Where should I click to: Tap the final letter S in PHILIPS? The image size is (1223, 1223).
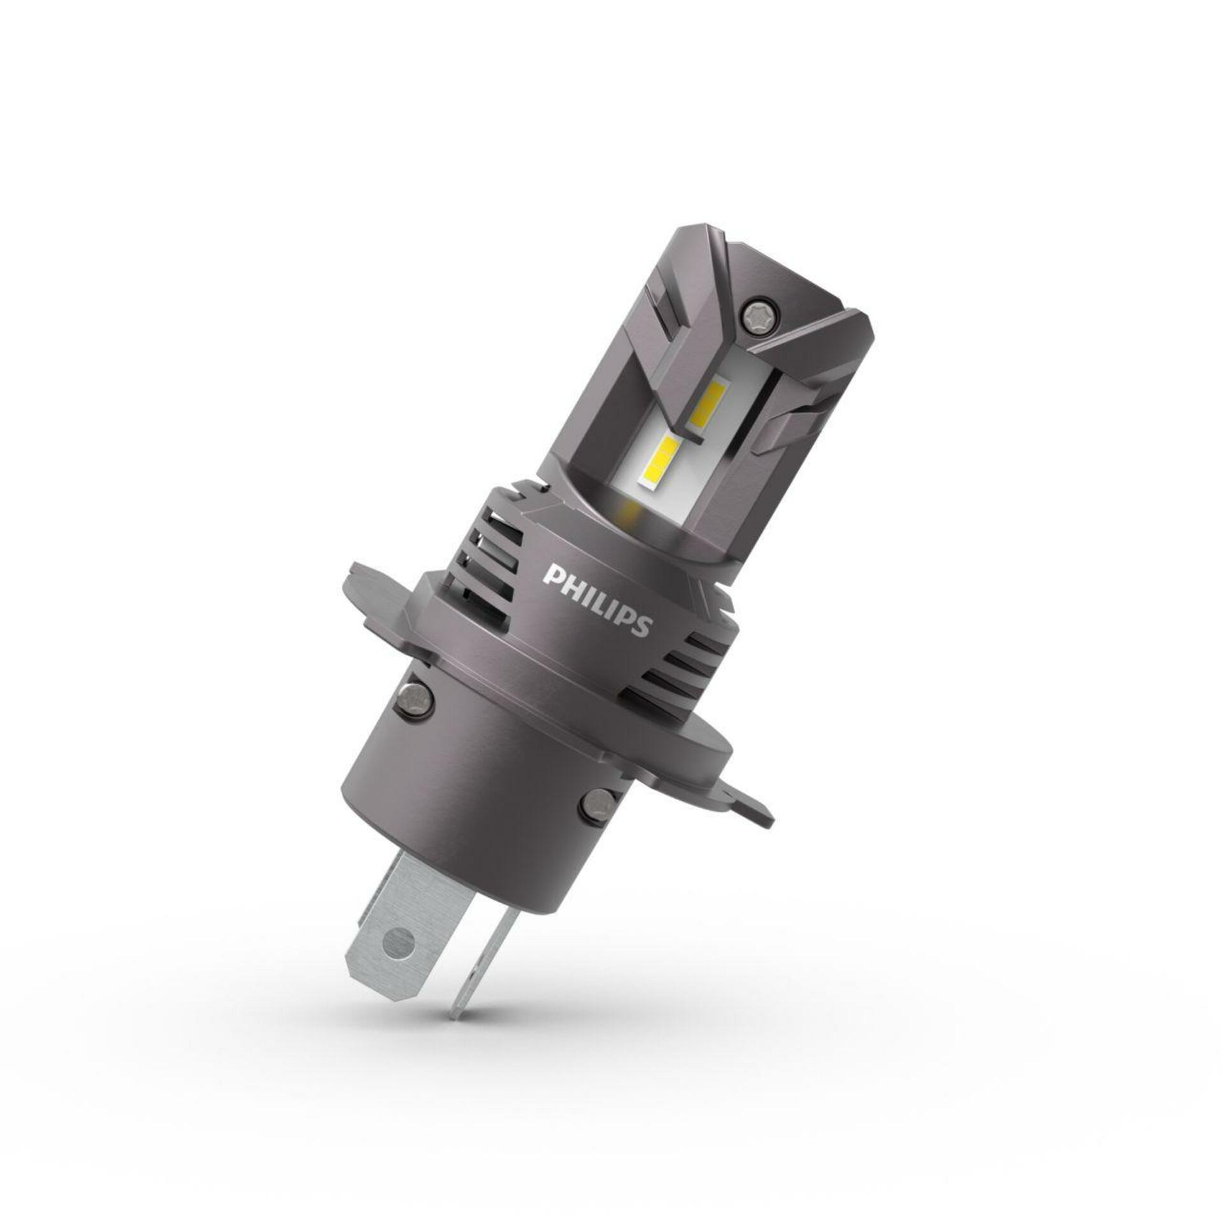coord(642,627)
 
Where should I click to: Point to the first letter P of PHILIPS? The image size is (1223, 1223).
coord(552,575)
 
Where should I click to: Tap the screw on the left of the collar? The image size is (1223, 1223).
coord(415,695)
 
